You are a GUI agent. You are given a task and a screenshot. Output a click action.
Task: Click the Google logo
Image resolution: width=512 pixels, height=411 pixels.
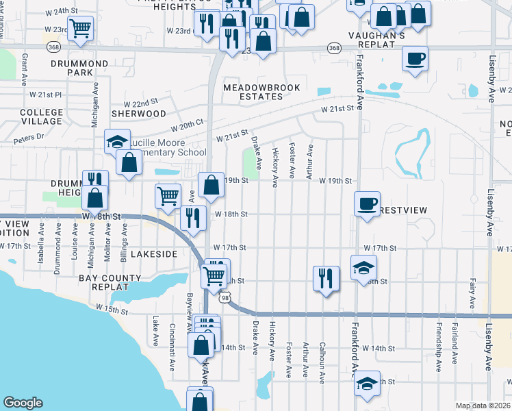(x=23, y=403)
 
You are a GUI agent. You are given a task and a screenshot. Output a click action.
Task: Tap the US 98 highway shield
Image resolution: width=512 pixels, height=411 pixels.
(x=225, y=297)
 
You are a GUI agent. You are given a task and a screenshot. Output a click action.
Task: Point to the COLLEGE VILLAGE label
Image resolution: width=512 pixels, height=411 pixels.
(x=41, y=116)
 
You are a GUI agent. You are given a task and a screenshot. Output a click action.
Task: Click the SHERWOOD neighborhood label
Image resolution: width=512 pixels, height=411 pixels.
(x=139, y=113)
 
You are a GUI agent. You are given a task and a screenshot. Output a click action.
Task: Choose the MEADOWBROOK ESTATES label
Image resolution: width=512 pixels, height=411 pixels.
(x=253, y=92)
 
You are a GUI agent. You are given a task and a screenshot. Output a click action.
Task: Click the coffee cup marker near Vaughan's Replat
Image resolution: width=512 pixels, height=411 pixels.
(x=414, y=59)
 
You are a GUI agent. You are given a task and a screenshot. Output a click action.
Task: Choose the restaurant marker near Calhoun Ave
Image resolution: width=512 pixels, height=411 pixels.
(x=325, y=278)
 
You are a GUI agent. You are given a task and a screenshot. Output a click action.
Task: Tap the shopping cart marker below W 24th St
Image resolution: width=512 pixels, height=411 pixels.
(x=81, y=29)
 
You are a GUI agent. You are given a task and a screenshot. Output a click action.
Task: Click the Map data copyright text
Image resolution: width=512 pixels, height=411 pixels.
(x=483, y=406)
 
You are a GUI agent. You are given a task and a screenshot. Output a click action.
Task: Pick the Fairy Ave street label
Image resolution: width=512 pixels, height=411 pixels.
(x=472, y=288)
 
